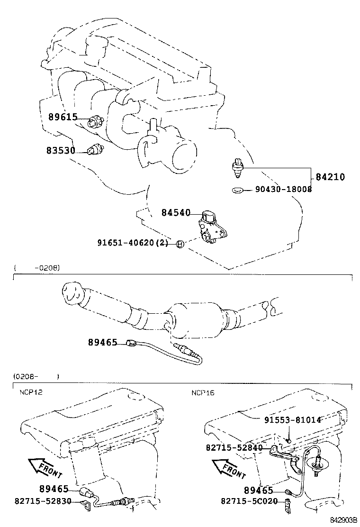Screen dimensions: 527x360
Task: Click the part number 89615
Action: [63, 117]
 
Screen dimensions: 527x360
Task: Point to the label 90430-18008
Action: [283, 189]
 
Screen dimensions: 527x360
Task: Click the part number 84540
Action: [176, 214]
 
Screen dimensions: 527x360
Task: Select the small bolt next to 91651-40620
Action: [180, 244]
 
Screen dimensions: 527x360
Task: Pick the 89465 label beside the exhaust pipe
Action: [102, 342]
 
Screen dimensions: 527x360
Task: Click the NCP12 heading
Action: [31, 392]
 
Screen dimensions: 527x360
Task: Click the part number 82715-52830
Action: [43, 501]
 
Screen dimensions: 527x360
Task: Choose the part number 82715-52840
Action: [234, 447]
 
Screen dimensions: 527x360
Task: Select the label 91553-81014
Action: [292, 420]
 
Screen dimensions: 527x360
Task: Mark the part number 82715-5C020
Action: [249, 501]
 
